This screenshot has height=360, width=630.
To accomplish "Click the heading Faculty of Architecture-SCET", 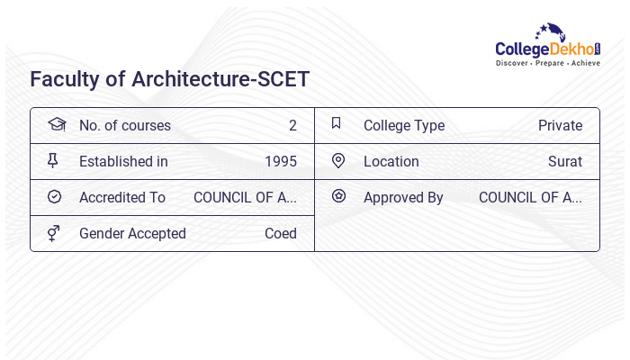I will point(169,79).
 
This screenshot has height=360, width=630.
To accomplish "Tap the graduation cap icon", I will point(56,124).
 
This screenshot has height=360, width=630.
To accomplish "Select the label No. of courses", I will point(124,126).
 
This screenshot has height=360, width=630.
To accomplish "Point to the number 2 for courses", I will point(292,126).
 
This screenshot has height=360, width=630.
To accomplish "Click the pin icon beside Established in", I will point(53,161).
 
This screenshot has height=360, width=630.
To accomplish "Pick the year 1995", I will point(280,162).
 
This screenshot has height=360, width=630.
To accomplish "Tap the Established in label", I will point(123,162).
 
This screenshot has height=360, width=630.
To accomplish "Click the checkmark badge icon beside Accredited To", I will point(54,196).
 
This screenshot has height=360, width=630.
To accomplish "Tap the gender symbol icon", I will point(53,233).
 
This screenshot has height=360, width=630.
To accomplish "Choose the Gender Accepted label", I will point(132,234).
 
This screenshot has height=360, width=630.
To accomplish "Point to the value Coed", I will point(280,234).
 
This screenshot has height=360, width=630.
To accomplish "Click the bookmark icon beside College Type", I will point(337,124).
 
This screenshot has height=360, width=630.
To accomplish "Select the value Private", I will point(560,126).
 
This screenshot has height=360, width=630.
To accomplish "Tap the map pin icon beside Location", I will point(338,161).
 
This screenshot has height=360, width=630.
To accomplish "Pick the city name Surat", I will point(564,162).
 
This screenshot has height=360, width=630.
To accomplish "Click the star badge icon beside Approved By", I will point(338,196).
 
